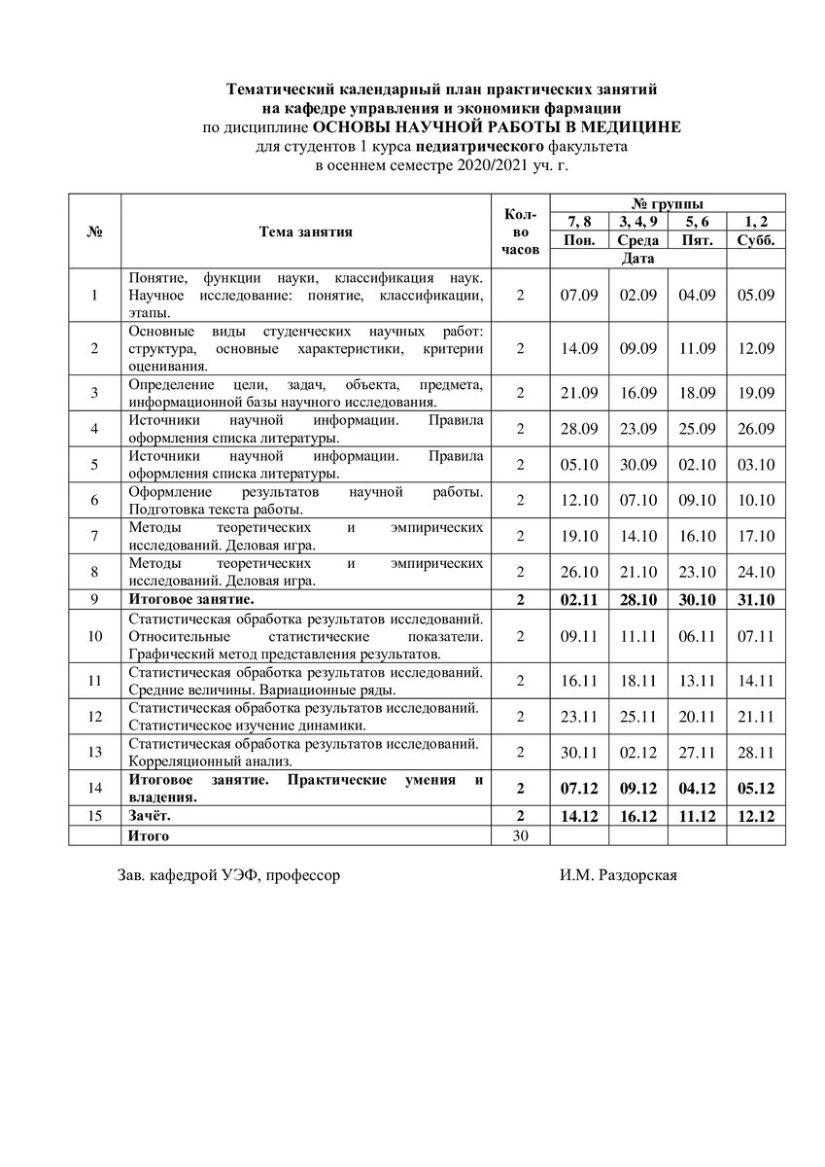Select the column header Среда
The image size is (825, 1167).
(x=638, y=241)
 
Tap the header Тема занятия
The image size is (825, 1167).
(x=306, y=231)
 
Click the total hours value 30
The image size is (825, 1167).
(x=520, y=835)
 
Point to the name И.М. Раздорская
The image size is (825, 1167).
(x=618, y=875)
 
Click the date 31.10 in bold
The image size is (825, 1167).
(x=755, y=600)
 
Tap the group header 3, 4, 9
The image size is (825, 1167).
(x=638, y=223)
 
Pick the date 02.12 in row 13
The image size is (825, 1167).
(x=638, y=752)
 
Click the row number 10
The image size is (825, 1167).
(x=94, y=636)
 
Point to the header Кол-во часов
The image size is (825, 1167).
(x=520, y=231)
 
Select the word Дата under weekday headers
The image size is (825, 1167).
(x=637, y=259)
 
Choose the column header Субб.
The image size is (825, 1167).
(x=755, y=241)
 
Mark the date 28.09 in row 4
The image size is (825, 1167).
(x=580, y=428)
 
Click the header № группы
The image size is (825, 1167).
(x=668, y=203)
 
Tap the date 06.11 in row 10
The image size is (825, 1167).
(x=698, y=636)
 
